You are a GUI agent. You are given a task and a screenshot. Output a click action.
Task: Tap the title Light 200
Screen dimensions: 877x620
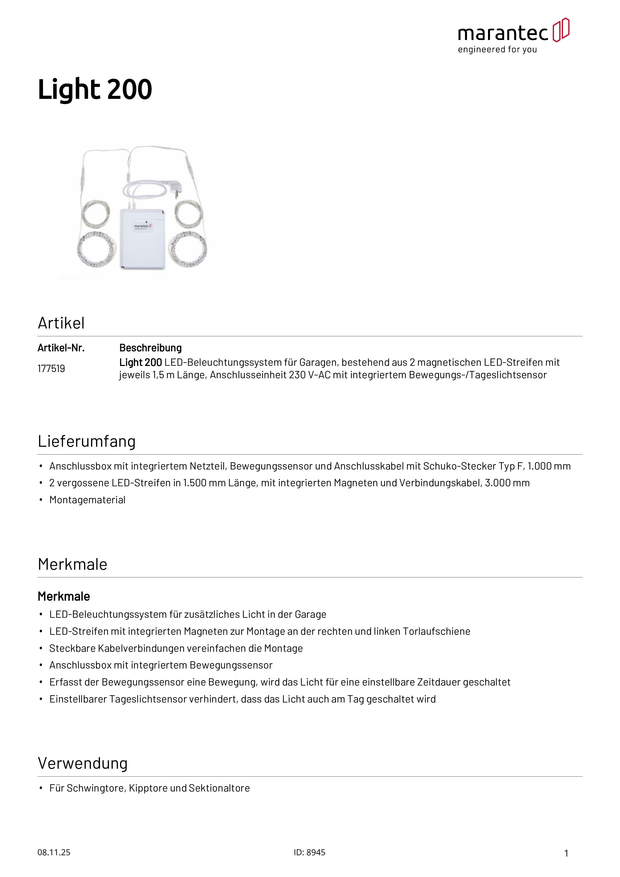95,89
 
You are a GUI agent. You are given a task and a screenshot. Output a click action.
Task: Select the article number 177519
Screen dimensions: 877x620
51,368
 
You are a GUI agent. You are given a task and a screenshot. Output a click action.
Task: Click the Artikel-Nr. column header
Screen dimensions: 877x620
61,348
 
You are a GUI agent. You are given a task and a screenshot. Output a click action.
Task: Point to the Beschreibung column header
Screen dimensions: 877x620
150,348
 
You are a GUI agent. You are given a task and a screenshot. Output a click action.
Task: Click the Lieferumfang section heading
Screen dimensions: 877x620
87,441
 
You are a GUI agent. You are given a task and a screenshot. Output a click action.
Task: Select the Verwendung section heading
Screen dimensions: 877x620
82,763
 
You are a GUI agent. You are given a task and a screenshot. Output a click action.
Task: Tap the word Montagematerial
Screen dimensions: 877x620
87,500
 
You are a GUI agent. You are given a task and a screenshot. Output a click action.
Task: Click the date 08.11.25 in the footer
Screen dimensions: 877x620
54,852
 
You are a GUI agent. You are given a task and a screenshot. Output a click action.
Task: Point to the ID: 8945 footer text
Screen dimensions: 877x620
309,852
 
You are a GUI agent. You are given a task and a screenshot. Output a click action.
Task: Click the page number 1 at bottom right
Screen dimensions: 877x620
566,853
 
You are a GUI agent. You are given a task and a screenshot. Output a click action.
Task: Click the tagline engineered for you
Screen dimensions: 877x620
497,50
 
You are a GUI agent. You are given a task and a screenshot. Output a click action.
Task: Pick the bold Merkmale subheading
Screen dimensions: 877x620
64,596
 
